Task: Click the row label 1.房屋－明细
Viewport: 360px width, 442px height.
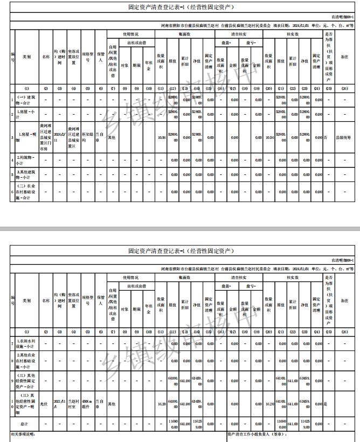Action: click(x=27, y=138)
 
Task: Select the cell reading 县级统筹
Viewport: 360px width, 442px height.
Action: click(x=344, y=138)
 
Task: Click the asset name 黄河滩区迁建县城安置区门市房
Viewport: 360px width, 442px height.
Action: click(x=46, y=138)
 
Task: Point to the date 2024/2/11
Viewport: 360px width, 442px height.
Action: click(x=60, y=138)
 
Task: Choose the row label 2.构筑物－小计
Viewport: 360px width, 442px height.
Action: click(x=27, y=160)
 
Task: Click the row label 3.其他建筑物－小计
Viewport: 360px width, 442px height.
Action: click(x=27, y=174)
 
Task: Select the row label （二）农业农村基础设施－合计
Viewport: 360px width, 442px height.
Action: click(x=27, y=189)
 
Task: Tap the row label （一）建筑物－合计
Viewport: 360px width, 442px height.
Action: click(x=27, y=99)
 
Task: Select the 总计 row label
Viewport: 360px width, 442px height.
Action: click(x=27, y=424)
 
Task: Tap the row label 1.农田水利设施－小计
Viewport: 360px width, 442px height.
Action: click(x=27, y=343)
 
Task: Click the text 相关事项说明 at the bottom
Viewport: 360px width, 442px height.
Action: click(x=23, y=434)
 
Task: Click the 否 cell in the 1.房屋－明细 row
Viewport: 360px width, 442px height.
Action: click(x=326, y=138)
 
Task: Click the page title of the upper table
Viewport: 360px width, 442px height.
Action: click(x=181, y=8)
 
